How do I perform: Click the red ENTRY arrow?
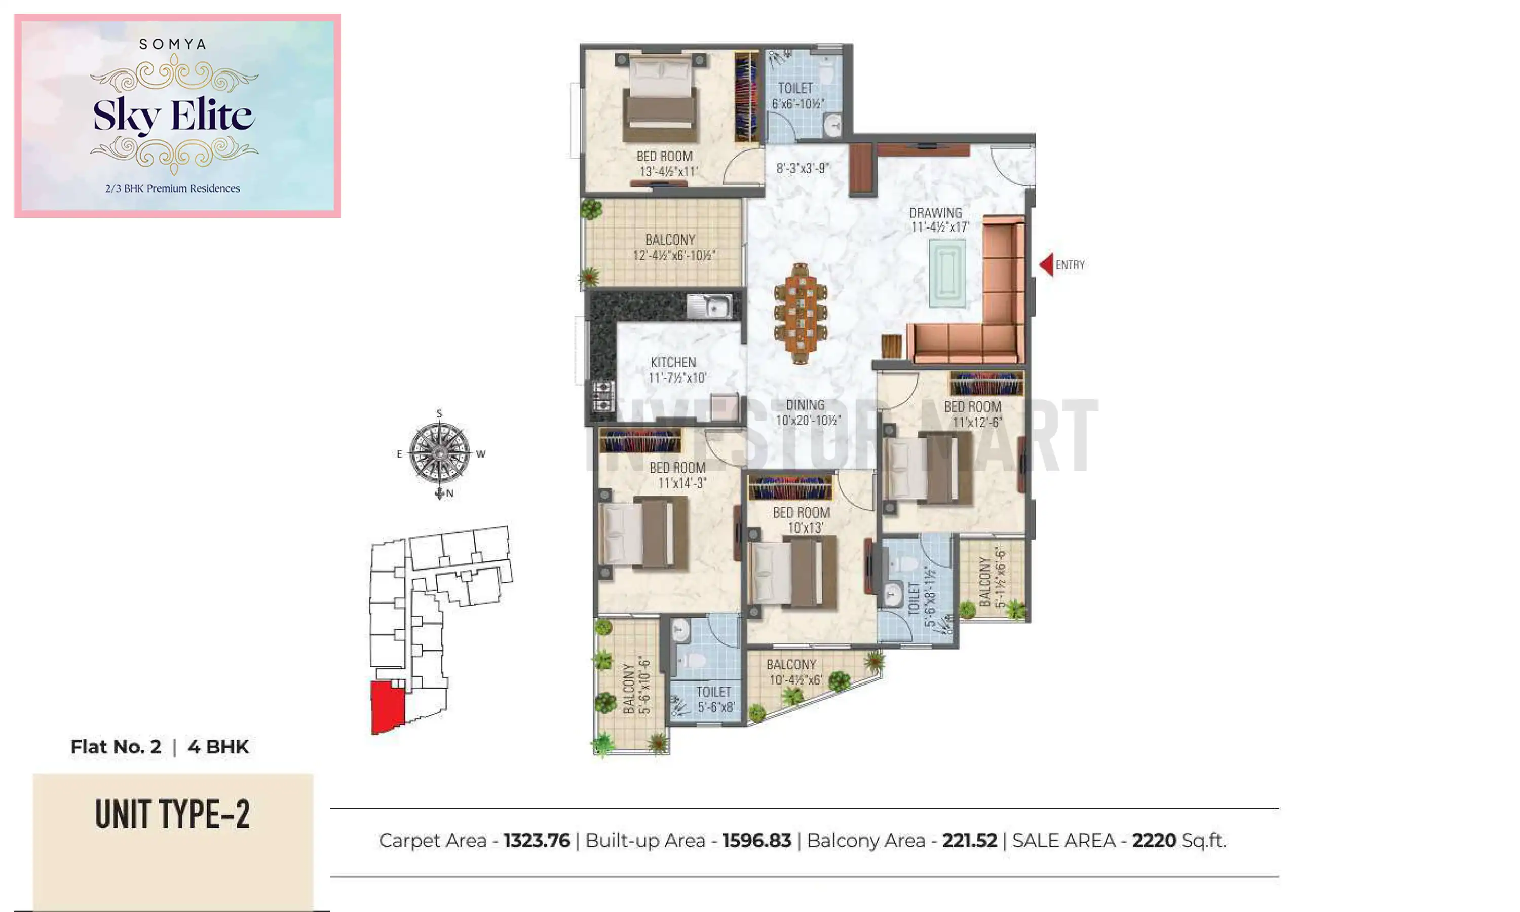point(1046,265)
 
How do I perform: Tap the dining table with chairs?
point(800,314)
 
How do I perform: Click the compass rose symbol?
point(439,453)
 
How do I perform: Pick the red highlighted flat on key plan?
point(387,706)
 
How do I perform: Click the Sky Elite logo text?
point(173,116)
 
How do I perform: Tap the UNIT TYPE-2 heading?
point(173,814)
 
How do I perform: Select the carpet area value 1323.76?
point(537,840)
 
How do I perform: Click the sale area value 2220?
point(1154,840)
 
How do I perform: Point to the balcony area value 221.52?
point(970,840)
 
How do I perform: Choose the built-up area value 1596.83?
point(756,840)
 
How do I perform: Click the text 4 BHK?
point(218,747)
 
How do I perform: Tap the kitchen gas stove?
point(602,396)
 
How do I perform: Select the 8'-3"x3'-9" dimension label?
point(803,168)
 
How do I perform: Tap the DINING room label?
point(806,412)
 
